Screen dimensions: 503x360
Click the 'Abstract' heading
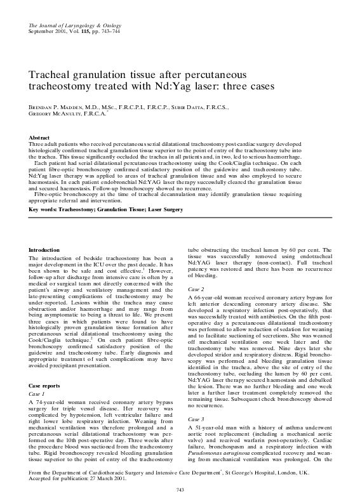40,138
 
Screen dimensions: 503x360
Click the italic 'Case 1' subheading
38,376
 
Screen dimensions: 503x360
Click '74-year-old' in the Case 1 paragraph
51,385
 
